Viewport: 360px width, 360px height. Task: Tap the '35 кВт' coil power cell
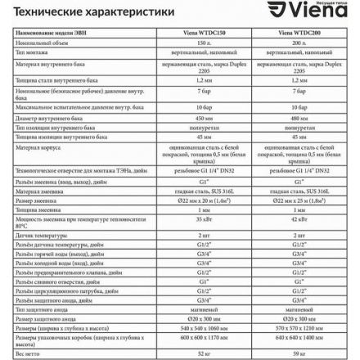click(204, 218)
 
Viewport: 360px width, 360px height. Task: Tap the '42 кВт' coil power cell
click(299, 218)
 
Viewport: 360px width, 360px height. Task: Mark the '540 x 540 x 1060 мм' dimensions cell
click(204, 326)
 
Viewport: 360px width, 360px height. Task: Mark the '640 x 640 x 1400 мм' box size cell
click(299, 337)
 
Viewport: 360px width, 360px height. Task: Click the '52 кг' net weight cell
click(204, 353)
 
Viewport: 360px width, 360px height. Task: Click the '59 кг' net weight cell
click(299, 353)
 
